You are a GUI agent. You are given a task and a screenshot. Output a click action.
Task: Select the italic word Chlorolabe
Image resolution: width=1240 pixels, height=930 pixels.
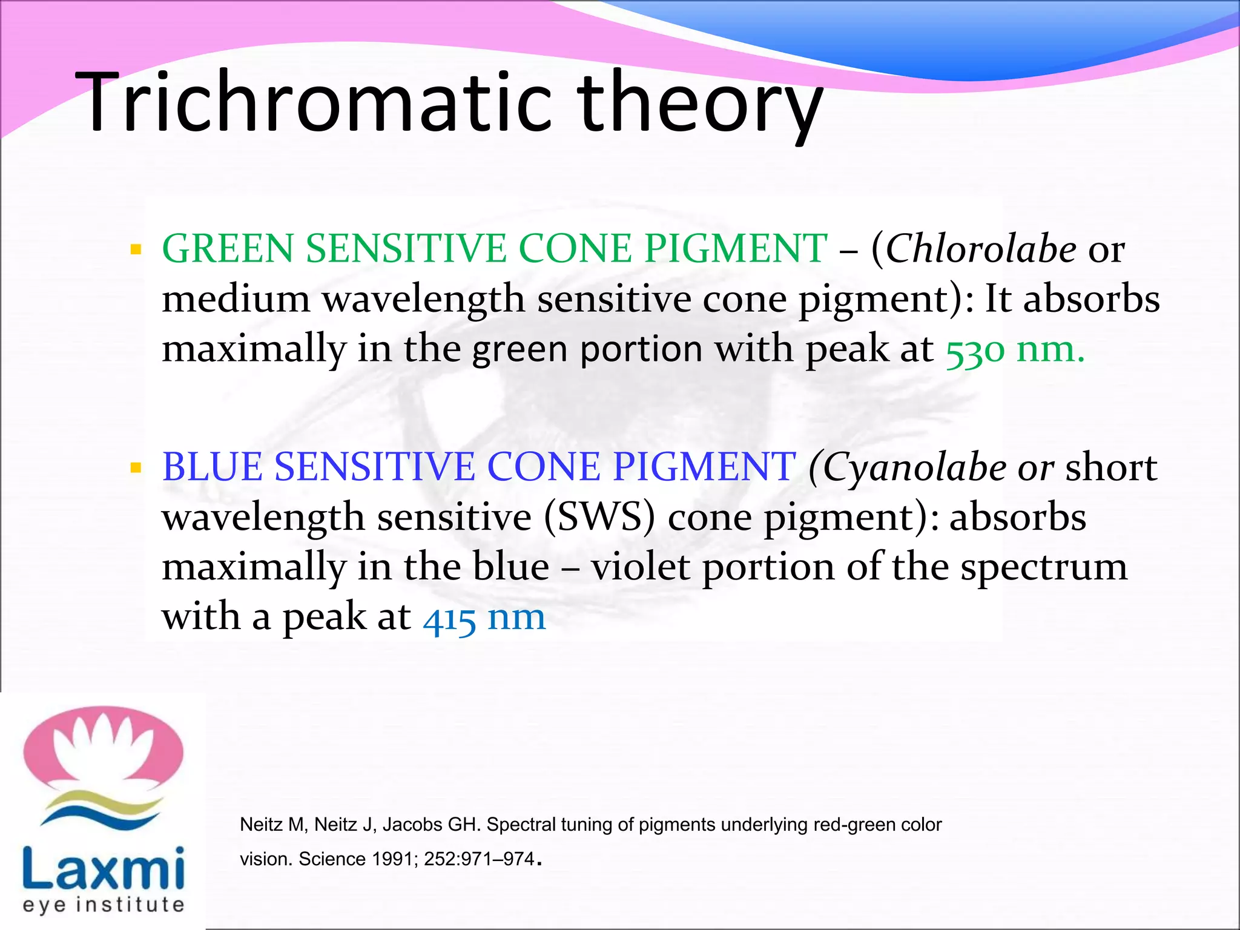pyautogui.click(x=981, y=249)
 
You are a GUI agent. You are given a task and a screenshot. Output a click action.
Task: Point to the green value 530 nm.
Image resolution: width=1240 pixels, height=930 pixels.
pyautogui.click(x=1015, y=349)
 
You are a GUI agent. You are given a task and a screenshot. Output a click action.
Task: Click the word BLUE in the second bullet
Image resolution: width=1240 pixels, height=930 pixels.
pyautogui.click(x=212, y=467)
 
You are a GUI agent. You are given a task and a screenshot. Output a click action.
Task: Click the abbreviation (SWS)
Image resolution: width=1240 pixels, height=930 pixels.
pyautogui.click(x=599, y=517)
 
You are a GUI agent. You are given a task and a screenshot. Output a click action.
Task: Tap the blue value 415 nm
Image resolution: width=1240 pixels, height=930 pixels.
pyautogui.click(x=484, y=618)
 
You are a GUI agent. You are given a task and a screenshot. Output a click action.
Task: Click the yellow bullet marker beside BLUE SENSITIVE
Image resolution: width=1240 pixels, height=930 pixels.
pyautogui.click(x=136, y=467)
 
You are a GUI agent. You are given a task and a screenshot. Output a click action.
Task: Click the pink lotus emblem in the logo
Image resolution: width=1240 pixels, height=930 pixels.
pyautogui.click(x=103, y=748)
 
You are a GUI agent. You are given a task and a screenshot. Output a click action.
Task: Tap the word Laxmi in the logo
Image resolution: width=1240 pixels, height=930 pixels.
pyautogui.click(x=103, y=867)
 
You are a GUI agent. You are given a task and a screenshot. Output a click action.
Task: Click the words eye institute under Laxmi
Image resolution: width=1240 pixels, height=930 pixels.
pyautogui.click(x=103, y=905)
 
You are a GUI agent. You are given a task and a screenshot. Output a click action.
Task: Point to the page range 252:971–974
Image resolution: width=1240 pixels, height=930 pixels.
pyautogui.click(x=479, y=859)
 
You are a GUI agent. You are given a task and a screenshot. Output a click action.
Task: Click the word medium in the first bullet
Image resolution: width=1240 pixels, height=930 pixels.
pyautogui.click(x=236, y=299)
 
